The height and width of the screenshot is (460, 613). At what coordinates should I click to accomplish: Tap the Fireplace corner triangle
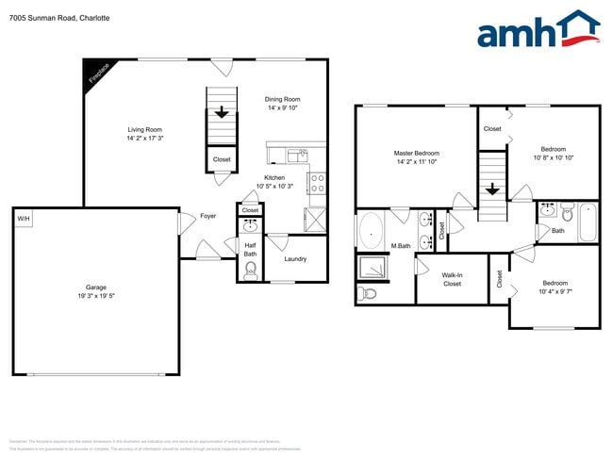[x=95, y=72]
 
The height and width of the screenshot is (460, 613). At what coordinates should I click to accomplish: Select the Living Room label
[x=146, y=134]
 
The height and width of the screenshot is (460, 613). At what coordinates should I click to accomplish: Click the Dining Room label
[x=282, y=103]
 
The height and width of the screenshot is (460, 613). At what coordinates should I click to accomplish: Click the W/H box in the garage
[x=23, y=219]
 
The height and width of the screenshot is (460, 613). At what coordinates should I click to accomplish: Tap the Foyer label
[x=207, y=216]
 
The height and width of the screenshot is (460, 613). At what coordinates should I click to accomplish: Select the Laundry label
[x=295, y=259]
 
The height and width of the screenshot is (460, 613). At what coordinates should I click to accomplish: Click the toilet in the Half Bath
[x=250, y=271]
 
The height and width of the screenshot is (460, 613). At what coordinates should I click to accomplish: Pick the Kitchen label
[x=274, y=178]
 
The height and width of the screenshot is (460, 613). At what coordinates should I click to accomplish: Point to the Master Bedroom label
[x=416, y=153]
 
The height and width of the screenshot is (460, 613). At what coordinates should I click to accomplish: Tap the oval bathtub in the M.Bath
[x=371, y=230]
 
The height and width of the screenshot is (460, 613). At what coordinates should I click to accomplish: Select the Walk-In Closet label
[x=452, y=279]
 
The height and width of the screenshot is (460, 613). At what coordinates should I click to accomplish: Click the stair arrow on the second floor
[x=491, y=189]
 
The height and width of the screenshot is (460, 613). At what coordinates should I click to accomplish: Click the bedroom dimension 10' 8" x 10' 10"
[x=554, y=157]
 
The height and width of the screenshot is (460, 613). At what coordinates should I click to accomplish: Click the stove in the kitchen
[x=317, y=182]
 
